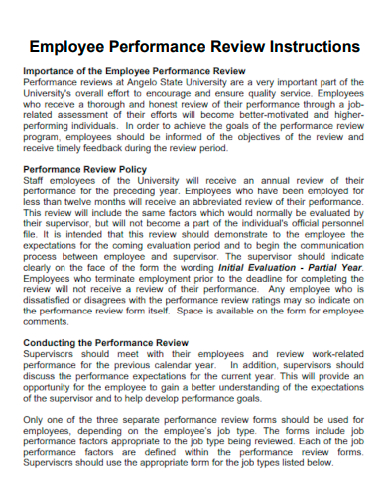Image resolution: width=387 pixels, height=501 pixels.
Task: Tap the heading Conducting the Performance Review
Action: (105, 342)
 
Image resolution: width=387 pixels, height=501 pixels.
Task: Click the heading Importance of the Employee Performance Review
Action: (133, 72)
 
